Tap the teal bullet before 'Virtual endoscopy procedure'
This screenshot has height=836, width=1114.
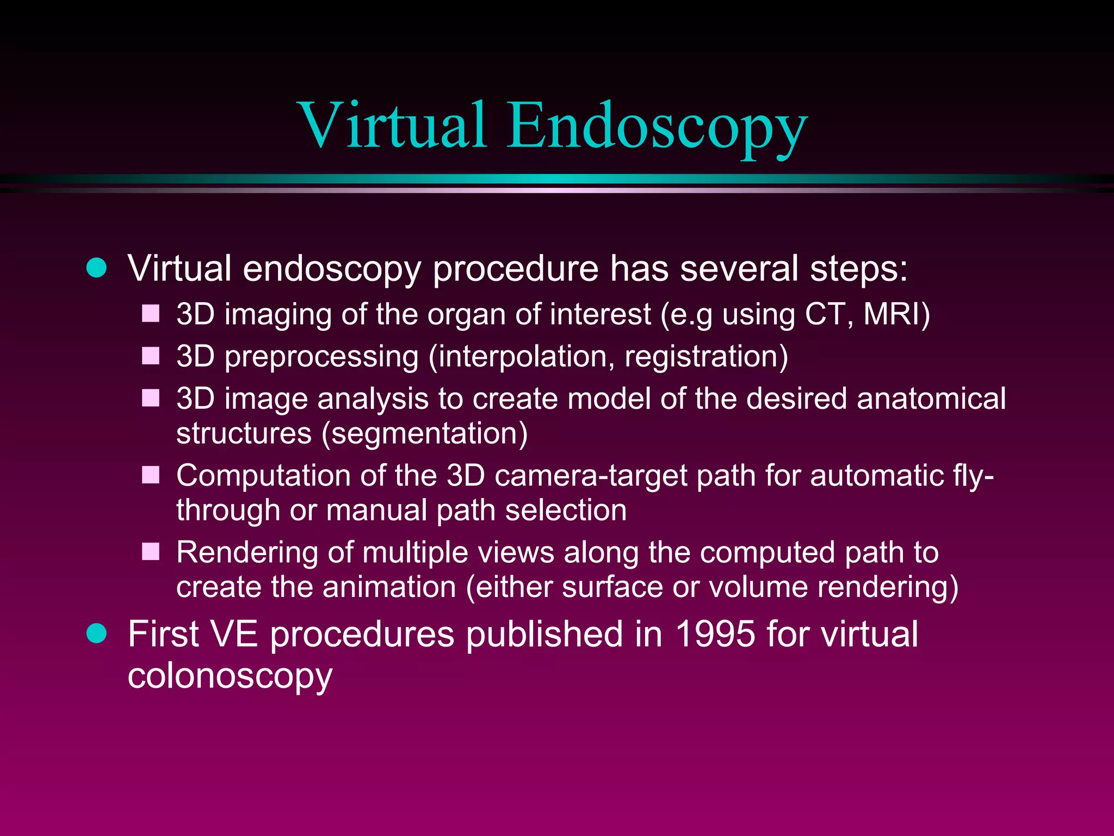click(x=97, y=268)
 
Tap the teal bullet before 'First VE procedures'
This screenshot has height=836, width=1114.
click(x=97, y=634)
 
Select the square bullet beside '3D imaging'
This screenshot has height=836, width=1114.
click(x=151, y=314)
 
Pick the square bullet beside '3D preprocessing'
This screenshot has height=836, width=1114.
click(x=151, y=356)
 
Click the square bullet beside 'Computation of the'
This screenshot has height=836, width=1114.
click(x=151, y=475)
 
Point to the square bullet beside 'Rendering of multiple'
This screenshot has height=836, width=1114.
click(x=151, y=552)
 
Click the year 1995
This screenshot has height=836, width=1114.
click(x=715, y=635)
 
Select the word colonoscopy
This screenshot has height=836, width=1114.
click(x=230, y=677)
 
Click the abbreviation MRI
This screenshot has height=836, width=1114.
click(x=895, y=315)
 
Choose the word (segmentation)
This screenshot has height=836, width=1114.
click(x=425, y=434)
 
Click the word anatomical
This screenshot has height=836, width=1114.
click(x=931, y=399)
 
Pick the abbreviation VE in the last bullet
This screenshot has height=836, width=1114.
click(x=234, y=635)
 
